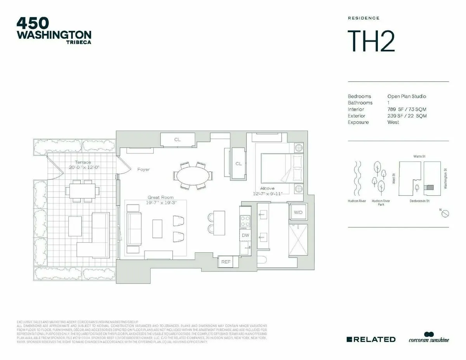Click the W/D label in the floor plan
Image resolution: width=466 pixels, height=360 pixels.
click(298, 212)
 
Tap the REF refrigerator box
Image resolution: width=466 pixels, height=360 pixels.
click(226, 262)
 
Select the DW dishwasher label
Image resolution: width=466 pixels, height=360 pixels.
click(245, 235)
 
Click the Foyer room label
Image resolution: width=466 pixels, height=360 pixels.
click(143, 169)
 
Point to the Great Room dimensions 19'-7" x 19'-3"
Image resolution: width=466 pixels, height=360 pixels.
click(160, 203)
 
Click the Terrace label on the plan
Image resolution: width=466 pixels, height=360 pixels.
click(83, 162)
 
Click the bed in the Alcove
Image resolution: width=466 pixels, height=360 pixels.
click(281, 168)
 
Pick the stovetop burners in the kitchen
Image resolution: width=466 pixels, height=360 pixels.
click(245, 221)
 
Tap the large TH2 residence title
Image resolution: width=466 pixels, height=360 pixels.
click(371, 41)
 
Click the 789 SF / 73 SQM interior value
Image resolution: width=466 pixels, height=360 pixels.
click(407, 110)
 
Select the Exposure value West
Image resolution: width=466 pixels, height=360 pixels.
click(393, 122)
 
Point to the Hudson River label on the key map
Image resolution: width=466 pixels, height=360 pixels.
click(357, 201)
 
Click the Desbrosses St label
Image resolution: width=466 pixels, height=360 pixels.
click(419, 201)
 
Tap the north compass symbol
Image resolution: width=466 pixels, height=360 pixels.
click(446, 213)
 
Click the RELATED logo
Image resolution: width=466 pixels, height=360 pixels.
click(371, 339)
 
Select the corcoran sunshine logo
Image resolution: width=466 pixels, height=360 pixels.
click(428, 339)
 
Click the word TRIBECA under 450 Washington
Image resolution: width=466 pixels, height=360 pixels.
click(79, 42)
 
